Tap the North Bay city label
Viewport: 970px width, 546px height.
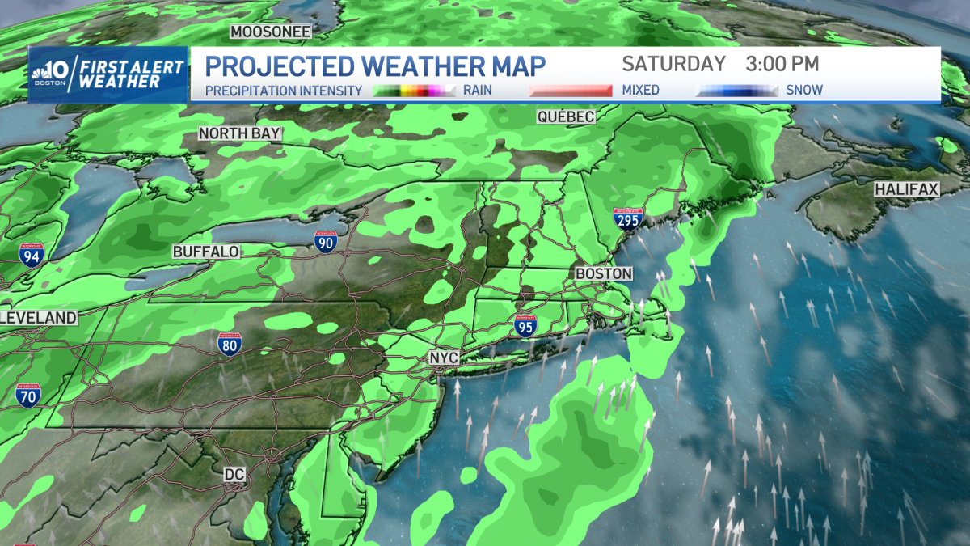coord(240,133)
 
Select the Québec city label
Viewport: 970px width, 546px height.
coord(566,117)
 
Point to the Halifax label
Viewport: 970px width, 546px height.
coord(906,189)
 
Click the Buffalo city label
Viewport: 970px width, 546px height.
coord(206,252)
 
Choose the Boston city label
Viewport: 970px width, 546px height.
coord(603,274)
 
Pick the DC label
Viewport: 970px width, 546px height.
coord(234,472)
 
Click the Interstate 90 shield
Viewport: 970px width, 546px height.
coord(326,240)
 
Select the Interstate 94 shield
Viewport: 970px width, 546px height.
coord(32,256)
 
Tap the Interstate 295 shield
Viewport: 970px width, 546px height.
coord(628,218)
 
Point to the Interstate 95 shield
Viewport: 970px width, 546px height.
coord(524,325)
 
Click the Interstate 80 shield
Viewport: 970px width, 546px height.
coord(229,344)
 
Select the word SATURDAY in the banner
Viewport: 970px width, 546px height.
coord(673,64)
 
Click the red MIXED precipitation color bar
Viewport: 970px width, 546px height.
coord(571,91)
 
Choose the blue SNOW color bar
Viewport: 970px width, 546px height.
coord(737,91)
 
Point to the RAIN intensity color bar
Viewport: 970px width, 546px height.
coord(415,91)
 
